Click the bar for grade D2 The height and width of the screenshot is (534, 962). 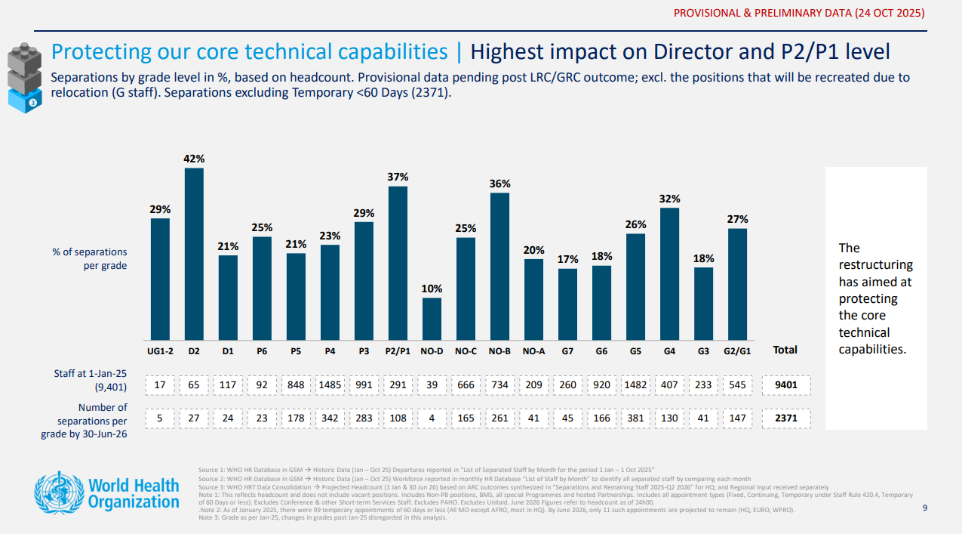[x=194, y=254]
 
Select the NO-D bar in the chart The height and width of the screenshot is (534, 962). [x=432, y=319]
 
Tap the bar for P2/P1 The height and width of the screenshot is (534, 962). [x=398, y=263]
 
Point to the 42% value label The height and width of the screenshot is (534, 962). [x=194, y=159]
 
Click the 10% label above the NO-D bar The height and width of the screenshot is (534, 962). [x=432, y=289]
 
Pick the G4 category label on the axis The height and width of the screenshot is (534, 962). [x=669, y=350]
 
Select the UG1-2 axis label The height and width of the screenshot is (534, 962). [x=160, y=350]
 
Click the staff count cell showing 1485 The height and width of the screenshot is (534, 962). [x=330, y=385]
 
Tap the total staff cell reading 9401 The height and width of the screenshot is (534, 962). [x=786, y=385]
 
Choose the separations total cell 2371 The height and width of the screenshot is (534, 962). [x=786, y=418]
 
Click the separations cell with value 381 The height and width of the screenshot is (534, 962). [x=635, y=418]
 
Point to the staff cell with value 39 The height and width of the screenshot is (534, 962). [x=432, y=385]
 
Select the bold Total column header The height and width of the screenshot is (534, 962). [x=785, y=350]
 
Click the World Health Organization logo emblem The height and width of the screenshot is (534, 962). [x=58, y=492]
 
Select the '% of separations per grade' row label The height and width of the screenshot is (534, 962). [x=90, y=258]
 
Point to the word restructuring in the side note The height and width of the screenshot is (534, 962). [x=875, y=265]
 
